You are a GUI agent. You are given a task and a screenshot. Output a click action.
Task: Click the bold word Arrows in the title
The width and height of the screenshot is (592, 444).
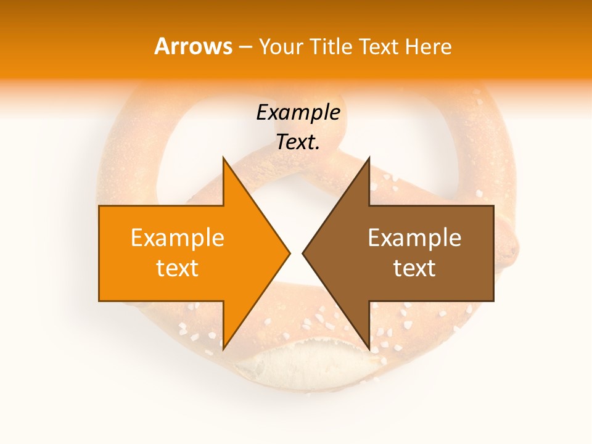tap(193, 46)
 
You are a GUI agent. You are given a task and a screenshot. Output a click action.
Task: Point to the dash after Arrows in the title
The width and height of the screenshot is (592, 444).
tap(245, 47)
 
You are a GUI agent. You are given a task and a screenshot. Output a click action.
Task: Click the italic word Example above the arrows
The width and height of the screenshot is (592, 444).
tap(298, 113)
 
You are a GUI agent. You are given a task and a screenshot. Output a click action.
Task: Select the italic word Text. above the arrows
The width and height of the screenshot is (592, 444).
tap(298, 142)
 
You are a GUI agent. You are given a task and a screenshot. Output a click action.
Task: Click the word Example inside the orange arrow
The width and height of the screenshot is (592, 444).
tap(177, 237)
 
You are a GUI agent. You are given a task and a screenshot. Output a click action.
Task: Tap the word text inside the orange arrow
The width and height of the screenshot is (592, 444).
tap(177, 268)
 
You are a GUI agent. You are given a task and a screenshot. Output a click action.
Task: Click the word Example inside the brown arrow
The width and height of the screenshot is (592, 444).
tap(414, 237)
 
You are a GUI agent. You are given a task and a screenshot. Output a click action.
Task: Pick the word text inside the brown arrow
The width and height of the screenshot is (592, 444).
tap(414, 268)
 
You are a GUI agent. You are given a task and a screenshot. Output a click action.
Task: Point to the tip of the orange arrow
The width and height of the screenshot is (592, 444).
tap(289, 253)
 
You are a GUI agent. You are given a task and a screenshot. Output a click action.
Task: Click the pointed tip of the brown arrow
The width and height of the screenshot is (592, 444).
tap(303, 253)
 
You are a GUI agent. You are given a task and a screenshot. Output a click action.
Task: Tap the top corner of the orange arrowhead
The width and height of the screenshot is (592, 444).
tap(223, 157)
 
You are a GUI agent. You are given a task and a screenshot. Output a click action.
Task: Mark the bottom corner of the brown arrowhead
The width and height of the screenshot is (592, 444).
tap(369, 349)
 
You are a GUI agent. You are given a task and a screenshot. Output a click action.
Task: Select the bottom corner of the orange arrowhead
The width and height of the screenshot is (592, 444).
tap(223, 349)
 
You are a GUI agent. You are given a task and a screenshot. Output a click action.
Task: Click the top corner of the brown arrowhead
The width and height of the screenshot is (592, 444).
tap(369, 157)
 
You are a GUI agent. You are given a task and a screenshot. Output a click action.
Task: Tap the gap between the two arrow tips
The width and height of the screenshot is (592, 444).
tap(296, 253)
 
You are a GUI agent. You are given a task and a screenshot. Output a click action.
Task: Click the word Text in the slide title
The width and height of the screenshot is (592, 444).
tap(379, 46)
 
